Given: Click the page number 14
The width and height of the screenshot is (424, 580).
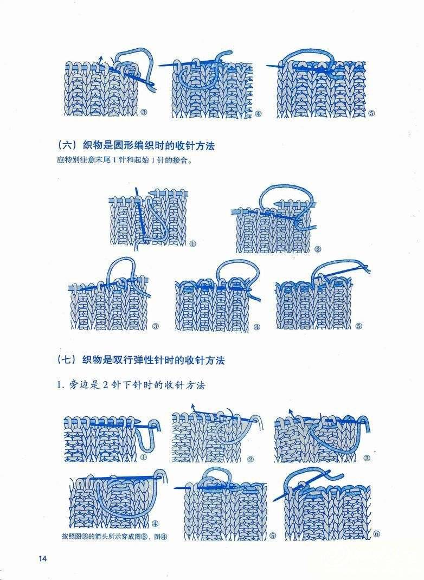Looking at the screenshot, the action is click(x=42, y=558).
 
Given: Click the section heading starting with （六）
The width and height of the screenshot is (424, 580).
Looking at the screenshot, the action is click(x=136, y=146).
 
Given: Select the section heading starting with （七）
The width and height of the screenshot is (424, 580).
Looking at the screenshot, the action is click(x=140, y=360).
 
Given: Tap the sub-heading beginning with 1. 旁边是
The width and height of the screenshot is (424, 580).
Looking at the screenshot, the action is click(x=131, y=385).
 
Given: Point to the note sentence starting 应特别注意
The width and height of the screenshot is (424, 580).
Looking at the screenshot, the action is click(x=125, y=160).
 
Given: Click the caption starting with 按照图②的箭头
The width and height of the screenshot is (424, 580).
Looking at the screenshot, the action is click(x=114, y=536).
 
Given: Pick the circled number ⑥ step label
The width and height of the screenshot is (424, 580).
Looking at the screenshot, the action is click(x=376, y=534).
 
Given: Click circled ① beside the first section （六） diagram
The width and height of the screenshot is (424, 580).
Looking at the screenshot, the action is click(x=192, y=244).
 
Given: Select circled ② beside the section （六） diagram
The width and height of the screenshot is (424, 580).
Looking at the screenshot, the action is click(x=317, y=249).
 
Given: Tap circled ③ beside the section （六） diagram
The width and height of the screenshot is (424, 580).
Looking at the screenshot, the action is click(x=156, y=326).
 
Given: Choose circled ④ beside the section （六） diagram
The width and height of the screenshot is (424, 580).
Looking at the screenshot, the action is click(x=256, y=327).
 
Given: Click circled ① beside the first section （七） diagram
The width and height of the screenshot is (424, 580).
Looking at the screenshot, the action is click(x=143, y=457).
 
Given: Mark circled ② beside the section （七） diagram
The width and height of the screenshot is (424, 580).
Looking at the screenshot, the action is click(x=250, y=459).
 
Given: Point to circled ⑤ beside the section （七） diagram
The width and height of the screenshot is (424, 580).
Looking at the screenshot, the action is click(x=273, y=535).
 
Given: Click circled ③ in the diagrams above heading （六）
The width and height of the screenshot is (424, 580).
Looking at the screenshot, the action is click(x=143, y=112).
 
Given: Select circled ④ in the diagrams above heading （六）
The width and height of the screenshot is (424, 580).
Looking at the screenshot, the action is click(x=258, y=114).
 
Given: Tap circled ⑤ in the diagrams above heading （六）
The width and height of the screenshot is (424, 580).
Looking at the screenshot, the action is click(x=371, y=113).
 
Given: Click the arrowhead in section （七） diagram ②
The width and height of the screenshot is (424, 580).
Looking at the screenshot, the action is click(x=192, y=406).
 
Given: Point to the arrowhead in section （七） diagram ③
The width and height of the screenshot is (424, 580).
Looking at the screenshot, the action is click(x=290, y=411).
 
